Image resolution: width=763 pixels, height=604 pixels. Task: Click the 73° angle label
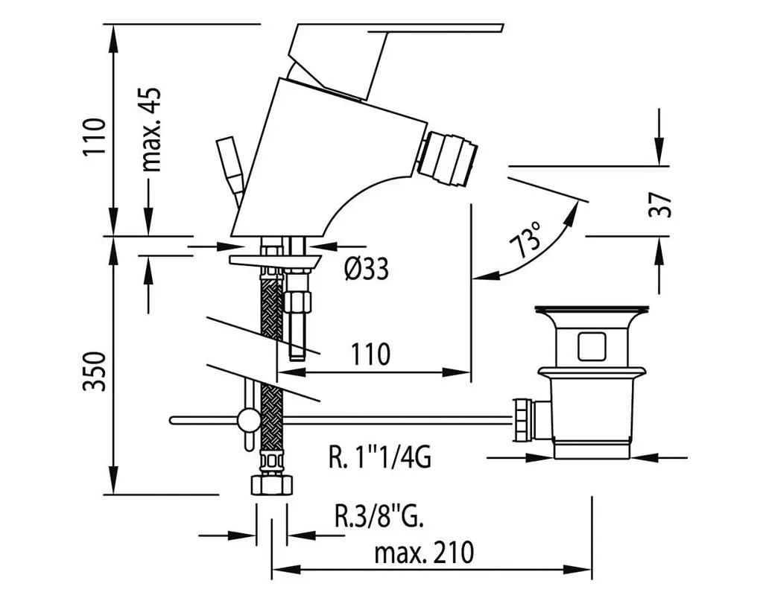pos(525,240)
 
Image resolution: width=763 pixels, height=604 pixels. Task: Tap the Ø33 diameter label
pos(367,268)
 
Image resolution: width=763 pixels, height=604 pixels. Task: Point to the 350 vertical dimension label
pos(94,372)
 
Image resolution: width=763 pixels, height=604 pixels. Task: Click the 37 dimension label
pos(660,205)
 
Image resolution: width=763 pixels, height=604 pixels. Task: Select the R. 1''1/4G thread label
pos(379,457)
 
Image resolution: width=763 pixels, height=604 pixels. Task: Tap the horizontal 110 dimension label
pos(370,354)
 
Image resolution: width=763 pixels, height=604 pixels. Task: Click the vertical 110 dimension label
pos(94,136)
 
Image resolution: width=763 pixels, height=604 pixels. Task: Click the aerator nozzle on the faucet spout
pos(447,158)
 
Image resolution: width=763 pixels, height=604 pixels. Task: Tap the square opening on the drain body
pos(592,346)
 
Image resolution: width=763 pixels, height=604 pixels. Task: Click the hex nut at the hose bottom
pos(272,486)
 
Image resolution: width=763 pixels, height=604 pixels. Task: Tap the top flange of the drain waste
pos(591,310)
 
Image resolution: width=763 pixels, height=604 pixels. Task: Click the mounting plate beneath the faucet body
pos(276,261)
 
